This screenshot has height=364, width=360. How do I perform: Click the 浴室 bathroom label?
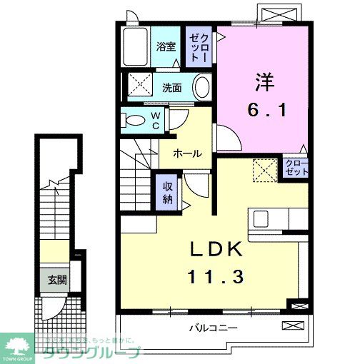point(166,47)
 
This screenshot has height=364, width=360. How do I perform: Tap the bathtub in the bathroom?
point(135,47)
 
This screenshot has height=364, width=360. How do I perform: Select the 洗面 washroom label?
point(171,89)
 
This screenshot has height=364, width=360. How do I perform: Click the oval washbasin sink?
point(203,89)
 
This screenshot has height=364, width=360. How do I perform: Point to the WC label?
point(155,121)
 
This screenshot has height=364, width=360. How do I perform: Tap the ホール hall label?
point(186,153)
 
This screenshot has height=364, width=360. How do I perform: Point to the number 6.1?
point(263,111)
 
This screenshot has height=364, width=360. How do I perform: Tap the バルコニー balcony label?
point(214,329)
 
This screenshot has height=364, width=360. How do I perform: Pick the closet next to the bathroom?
point(198,47)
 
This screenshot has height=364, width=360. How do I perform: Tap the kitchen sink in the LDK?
point(261,218)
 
